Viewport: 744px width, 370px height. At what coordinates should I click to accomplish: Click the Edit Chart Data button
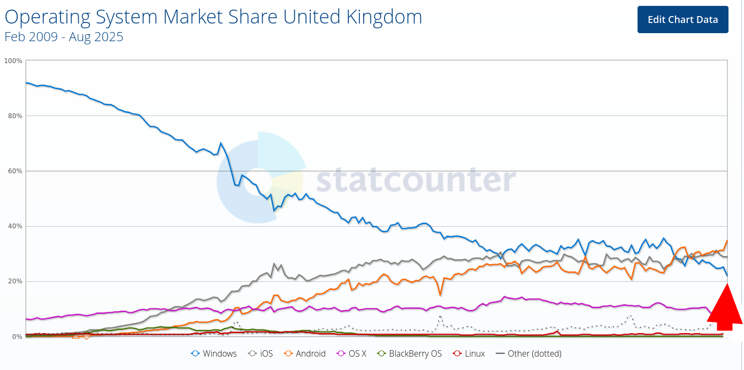coord(682,20)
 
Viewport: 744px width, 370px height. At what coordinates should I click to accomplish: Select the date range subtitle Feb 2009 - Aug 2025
coord(64,37)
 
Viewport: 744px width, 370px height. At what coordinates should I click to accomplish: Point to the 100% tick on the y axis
coord(13,61)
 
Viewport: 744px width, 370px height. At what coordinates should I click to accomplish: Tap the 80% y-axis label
coord(14,116)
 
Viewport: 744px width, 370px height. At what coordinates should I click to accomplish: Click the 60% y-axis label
coord(14,171)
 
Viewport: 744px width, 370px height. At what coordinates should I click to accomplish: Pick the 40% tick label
coord(14,226)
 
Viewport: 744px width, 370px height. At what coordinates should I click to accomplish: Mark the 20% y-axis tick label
coord(14,281)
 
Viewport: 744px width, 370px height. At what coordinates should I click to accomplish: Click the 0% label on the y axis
coord(17,336)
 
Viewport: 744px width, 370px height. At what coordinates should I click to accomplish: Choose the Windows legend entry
coord(214,353)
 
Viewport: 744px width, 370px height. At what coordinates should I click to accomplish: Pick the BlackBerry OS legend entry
coord(409,353)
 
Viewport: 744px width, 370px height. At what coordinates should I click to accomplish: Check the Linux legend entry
coord(469,353)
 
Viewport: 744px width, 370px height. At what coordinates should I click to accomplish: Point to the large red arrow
coord(726,310)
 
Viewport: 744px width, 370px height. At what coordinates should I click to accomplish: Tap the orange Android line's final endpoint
coord(727,241)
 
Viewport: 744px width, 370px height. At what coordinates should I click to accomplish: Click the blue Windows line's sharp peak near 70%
coord(220,143)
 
